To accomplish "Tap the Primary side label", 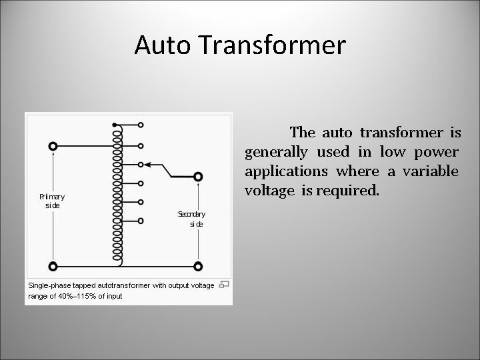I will click(x=52, y=201).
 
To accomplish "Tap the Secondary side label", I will click(x=191, y=219).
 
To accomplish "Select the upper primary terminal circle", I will click(x=53, y=146).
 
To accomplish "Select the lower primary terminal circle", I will click(x=53, y=266).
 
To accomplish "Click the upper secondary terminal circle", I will click(x=197, y=177).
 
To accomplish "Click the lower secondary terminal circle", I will click(x=197, y=266).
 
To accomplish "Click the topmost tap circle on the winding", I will click(x=141, y=125).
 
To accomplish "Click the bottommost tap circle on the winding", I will click(x=141, y=221).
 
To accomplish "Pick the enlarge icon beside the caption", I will click(x=225, y=285).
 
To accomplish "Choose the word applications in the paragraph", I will click(x=286, y=171).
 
